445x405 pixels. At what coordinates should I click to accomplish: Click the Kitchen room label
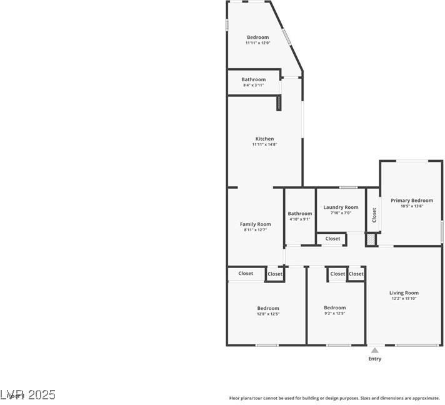pos(264,139)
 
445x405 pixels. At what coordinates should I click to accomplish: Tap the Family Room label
pos(255,224)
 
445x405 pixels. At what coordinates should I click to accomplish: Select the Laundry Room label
pos(341,207)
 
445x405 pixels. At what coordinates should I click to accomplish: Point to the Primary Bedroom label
pos(412,201)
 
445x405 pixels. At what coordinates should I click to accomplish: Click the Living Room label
pos(404,292)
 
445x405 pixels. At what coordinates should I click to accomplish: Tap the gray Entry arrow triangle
pos(374,351)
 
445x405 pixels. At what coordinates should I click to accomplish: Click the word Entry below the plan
pos(374,359)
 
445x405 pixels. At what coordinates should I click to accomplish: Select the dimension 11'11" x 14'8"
pos(264,144)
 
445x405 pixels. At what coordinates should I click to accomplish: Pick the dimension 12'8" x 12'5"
pos(268,314)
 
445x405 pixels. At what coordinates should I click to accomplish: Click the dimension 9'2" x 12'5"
pos(334,313)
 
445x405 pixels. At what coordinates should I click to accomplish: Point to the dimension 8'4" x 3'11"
pos(253,85)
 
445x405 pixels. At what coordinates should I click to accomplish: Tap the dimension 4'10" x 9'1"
pos(300,219)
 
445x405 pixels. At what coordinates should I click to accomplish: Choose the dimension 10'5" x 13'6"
pos(412,206)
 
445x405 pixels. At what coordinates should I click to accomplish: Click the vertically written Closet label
pos(374,215)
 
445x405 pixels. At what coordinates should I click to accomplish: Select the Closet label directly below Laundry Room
pos(332,239)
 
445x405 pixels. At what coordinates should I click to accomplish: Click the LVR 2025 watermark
pos(28,395)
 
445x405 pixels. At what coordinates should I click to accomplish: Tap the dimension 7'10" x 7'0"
pos(341,213)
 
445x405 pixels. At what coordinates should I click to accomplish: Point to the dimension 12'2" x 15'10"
pos(404,298)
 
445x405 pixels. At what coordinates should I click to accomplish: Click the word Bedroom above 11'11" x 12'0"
pos(257,37)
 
